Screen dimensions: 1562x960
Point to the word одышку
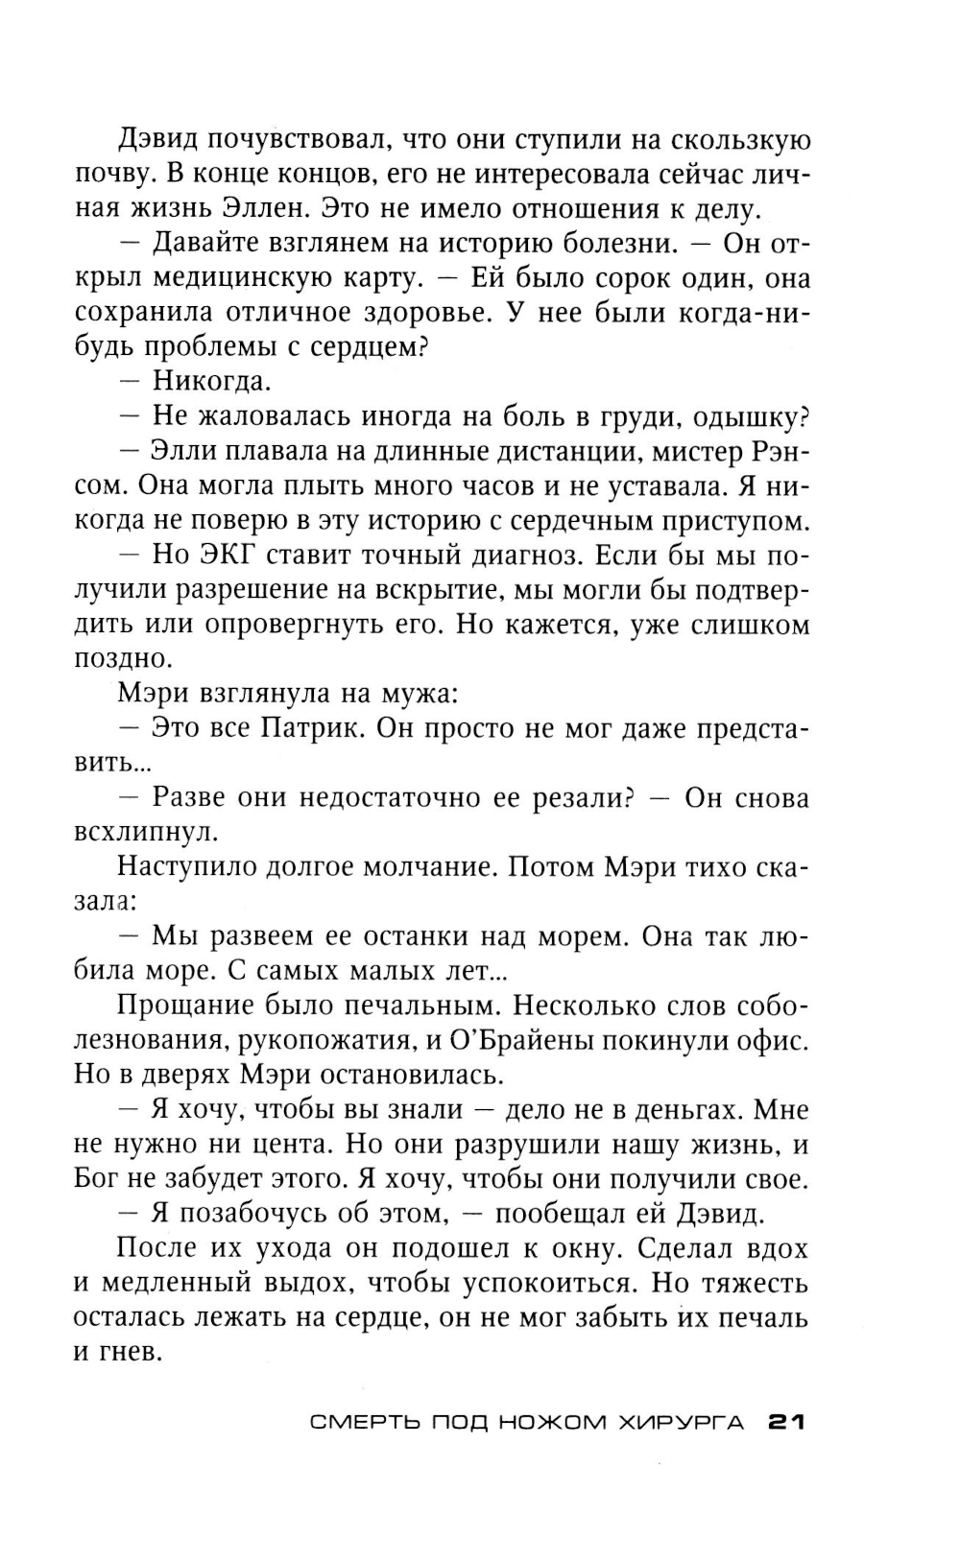pyautogui.click(x=750, y=416)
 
